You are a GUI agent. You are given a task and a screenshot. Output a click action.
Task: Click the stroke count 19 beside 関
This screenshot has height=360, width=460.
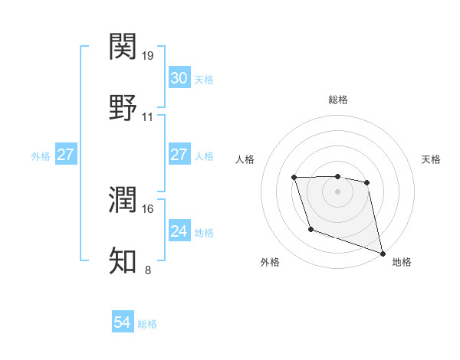(149, 56)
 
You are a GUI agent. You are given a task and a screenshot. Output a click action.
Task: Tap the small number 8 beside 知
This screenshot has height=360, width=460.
(148, 270)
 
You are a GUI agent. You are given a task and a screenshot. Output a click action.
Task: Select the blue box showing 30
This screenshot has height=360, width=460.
(179, 78)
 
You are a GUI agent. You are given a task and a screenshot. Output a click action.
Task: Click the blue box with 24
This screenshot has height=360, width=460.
(179, 231)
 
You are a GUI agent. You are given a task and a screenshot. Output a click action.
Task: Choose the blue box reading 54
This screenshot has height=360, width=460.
(122, 323)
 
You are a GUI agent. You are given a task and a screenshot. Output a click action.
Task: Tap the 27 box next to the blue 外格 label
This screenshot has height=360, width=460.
(65, 155)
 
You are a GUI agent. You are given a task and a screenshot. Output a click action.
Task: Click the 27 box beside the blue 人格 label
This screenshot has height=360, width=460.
(179, 155)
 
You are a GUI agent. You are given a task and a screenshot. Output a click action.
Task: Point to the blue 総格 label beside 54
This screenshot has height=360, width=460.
(147, 324)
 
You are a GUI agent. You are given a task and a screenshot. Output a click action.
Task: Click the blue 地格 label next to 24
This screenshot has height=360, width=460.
(204, 232)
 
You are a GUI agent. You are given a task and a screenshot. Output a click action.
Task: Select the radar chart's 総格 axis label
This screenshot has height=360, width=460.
(338, 100)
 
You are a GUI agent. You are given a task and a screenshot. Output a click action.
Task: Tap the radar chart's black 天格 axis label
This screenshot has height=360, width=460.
(432, 159)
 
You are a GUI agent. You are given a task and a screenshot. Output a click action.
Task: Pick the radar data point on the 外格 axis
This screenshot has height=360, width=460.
(310, 229)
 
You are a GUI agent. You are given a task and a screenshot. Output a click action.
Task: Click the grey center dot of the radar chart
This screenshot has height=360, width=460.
(338, 191)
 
